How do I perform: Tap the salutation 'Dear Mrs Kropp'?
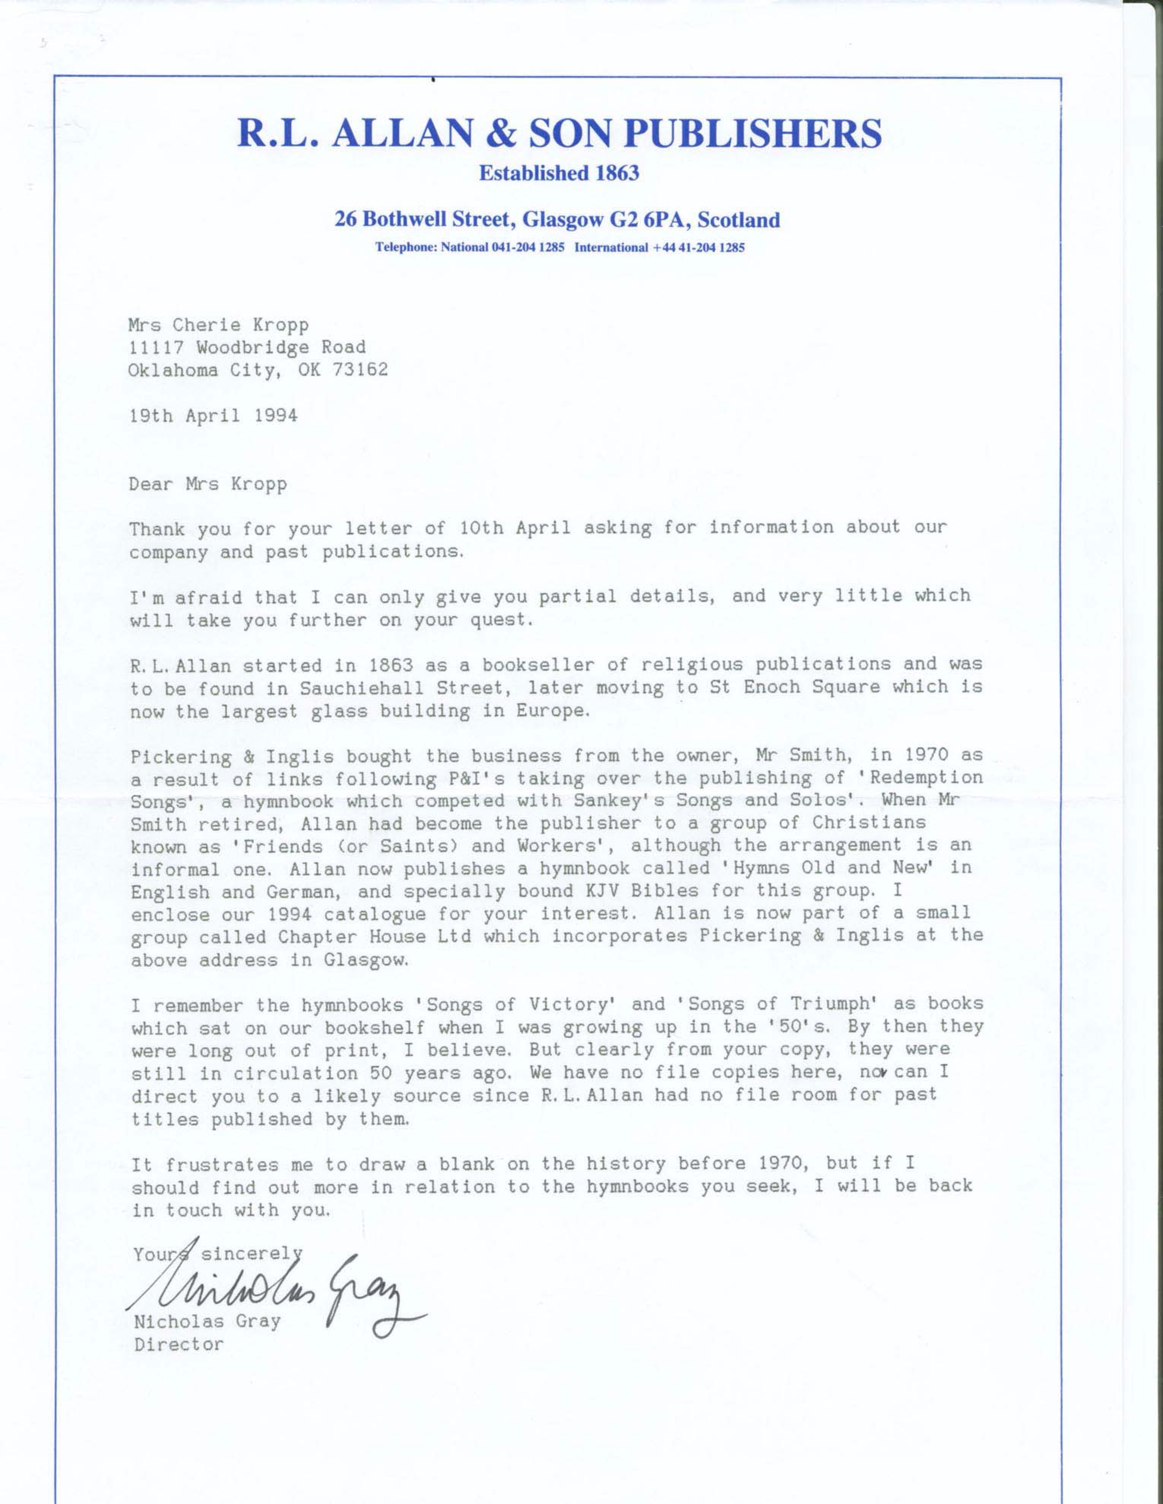coord(208,484)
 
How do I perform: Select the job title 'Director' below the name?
coord(179,1344)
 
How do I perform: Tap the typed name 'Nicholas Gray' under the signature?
coord(207,1321)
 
